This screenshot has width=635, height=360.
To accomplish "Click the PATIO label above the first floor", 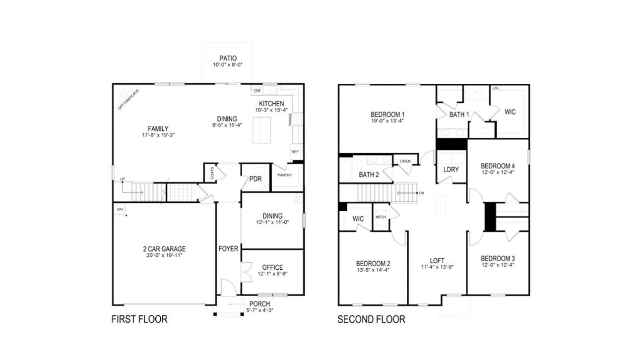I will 228,58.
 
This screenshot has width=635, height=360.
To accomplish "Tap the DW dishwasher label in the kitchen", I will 257,91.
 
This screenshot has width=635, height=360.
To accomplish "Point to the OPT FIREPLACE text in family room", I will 128,100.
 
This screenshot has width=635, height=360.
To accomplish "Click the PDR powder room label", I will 255,179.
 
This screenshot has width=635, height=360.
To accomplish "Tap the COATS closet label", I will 212,173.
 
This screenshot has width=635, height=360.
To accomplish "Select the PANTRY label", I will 284,175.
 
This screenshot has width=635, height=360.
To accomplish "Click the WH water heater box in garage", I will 120,210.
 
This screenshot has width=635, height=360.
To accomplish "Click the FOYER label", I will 228,248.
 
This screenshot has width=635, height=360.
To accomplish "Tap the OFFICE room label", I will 272,267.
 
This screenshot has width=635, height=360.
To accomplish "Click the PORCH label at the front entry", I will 260,304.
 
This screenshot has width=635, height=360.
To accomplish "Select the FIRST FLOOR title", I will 139,319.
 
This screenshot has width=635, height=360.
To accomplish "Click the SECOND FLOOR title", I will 371,319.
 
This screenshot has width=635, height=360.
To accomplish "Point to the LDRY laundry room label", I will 451,169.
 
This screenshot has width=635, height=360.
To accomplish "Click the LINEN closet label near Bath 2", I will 405,161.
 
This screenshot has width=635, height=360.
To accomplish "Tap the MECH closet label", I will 381,217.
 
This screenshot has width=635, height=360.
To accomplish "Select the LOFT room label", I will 437,260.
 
